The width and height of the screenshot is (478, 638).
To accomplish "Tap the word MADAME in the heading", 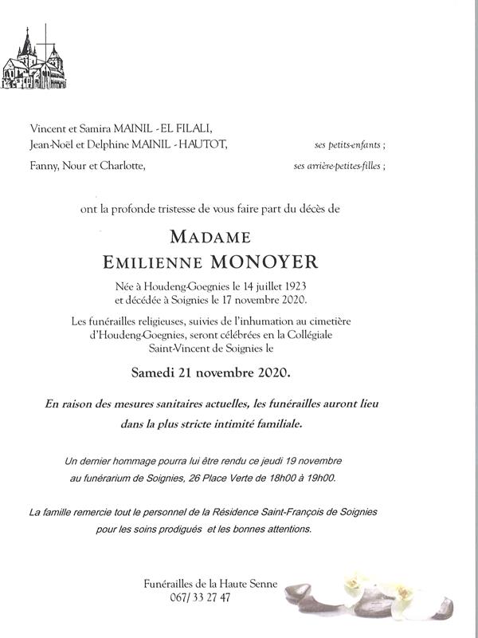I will pos(210,237).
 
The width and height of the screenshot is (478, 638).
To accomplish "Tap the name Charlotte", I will pos(123,166).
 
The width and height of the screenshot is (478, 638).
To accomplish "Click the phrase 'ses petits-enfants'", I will pos(350,145).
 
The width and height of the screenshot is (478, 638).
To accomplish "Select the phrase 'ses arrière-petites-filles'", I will pos(339,167).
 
